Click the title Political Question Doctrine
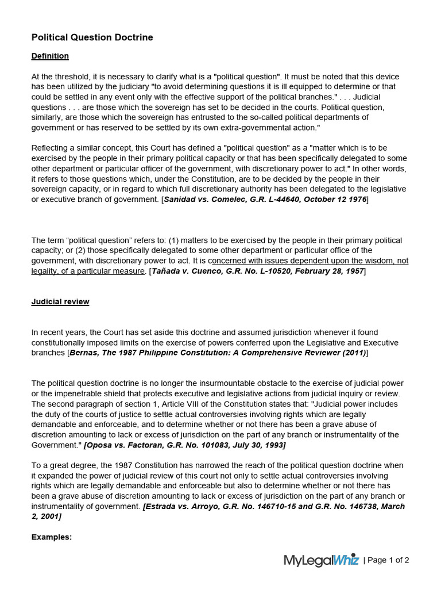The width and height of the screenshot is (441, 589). point(92,37)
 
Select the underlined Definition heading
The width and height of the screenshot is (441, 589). point(50,56)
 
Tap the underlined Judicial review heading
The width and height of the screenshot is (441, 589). point(60,301)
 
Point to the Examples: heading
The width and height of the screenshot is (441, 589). point(52,537)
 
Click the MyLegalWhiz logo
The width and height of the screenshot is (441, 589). point(321,560)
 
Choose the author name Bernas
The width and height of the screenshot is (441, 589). point(84,353)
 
